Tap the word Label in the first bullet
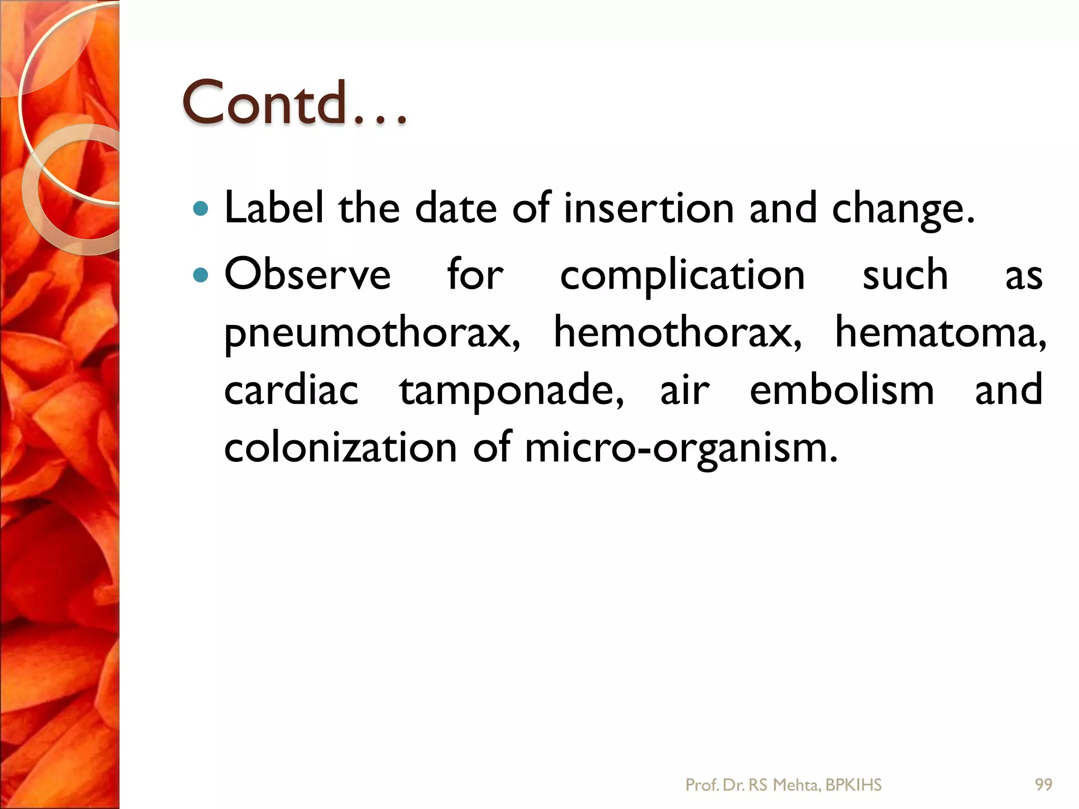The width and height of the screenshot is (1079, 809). (x=273, y=208)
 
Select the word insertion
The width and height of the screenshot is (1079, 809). (x=649, y=208)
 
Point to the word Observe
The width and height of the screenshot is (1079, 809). (x=308, y=274)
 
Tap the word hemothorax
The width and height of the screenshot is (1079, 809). (x=678, y=333)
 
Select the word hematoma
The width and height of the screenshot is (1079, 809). (x=940, y=333)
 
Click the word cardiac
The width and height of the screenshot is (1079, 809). (x=291, y=390)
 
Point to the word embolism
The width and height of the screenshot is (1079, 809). (x=842, y=390)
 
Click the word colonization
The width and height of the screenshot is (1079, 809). (x=340, y=448)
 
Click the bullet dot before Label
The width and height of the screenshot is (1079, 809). (x=201, y=210)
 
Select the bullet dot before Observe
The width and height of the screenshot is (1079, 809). (x=201, y=275)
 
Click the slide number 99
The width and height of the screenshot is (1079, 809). (x=1044, y=785)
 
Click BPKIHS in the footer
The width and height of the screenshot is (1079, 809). (x=854, y=785)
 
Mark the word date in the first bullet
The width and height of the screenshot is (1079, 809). (x=456, y=208)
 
